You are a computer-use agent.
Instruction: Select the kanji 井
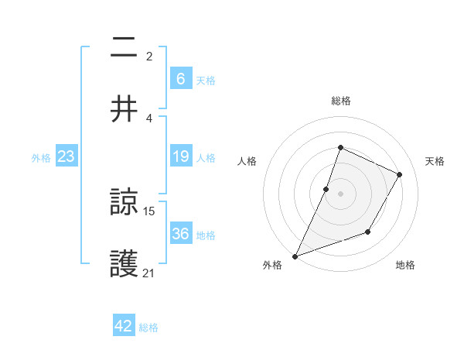click(125, 109)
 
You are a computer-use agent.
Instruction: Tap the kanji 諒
click(125, 204)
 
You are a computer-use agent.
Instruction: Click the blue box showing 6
click(180, 78)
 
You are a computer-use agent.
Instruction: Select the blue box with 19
click(180, 156)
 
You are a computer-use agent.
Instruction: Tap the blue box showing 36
click(180, 234)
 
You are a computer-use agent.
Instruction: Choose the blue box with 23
click(66, 156)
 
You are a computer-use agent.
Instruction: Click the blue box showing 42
click(124, 326)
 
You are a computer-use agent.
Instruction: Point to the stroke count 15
click(150, 211)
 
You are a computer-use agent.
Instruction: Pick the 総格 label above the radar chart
click(341, 101)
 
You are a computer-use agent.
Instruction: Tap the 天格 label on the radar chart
click(435, 161)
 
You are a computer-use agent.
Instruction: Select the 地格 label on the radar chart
click(405, 265)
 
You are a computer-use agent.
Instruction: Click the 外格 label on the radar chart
click(272, 265)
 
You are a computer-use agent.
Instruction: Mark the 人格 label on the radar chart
click(247, 161)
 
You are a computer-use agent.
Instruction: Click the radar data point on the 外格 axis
click(295, 256)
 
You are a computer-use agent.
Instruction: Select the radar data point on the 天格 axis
click(400, 174)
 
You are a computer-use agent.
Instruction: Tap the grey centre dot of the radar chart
click(341, 193)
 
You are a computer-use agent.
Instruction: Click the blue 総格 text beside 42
click(148, 328)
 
